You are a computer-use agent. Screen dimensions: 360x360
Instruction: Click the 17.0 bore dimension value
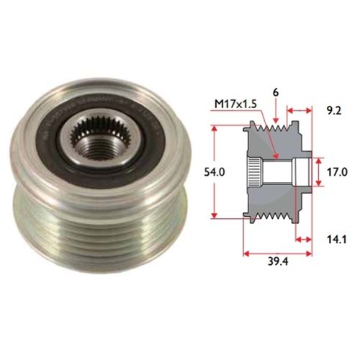[x=338, y=173]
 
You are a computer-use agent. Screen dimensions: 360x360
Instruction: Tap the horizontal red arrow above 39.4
[x=277, y=253]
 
